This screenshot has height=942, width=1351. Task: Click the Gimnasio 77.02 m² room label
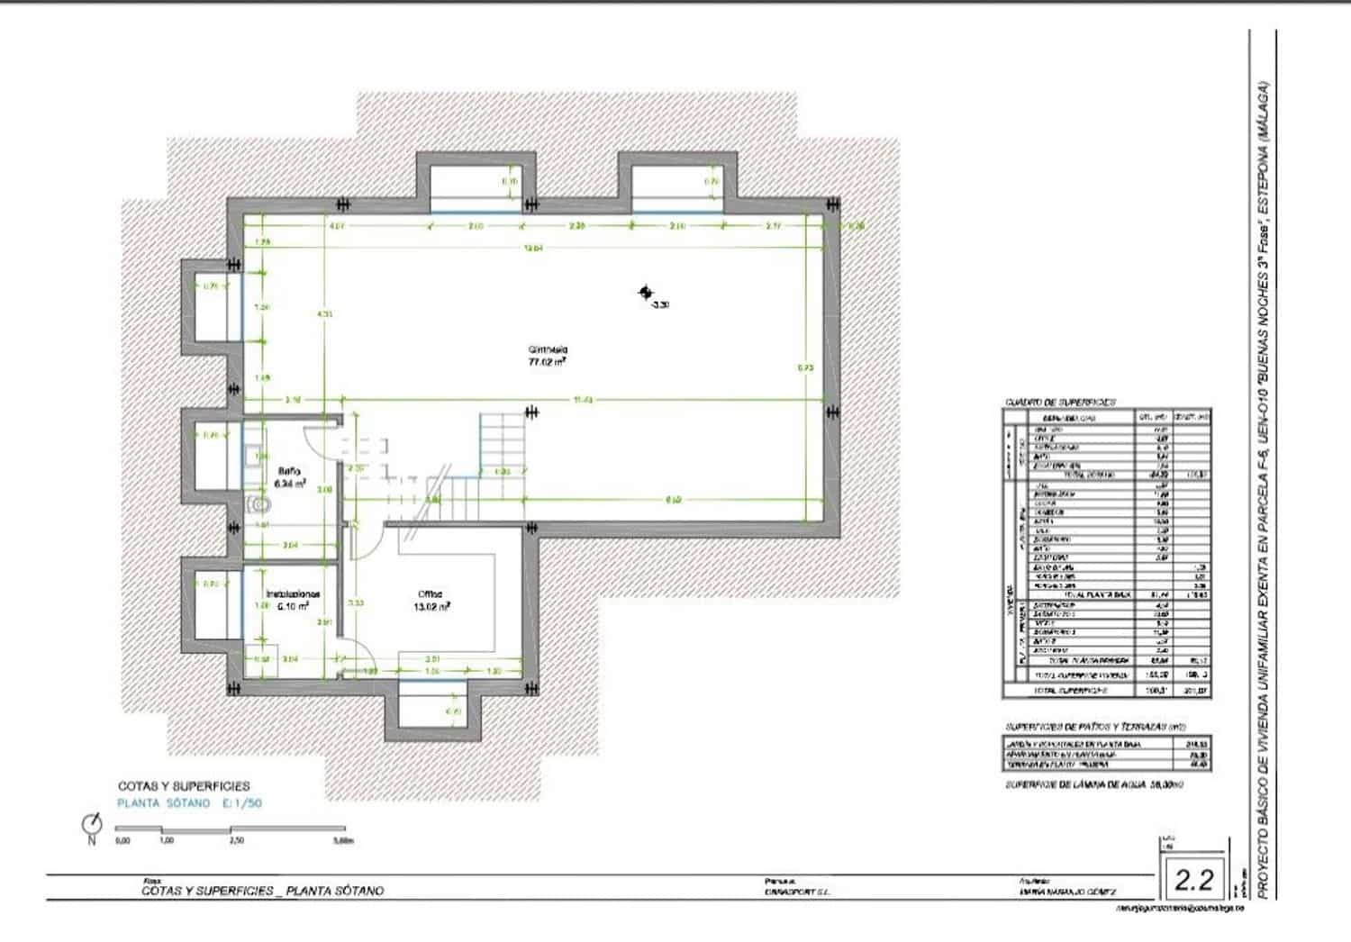point(547,356)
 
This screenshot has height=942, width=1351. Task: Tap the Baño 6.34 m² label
point(290,476)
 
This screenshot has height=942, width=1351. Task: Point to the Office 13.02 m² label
point(431,600)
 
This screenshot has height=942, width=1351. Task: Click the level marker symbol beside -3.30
point(645,292)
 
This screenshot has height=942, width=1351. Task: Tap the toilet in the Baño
point(256,502)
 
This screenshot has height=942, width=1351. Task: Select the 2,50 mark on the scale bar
point(236,840)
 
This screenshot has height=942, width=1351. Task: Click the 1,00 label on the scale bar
point(167,840)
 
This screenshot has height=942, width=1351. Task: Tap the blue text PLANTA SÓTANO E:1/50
point(189,802)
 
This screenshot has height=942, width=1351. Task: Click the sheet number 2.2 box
point(1194,879)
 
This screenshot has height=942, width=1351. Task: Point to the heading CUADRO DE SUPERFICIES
point(1060,402)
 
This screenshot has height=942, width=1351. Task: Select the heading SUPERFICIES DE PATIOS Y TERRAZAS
point(1094,726)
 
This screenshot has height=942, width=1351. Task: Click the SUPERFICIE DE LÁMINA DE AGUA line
point(1106,785)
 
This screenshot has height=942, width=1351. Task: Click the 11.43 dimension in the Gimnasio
point(583,401)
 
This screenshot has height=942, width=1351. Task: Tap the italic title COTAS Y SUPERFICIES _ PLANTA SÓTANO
point(262,891)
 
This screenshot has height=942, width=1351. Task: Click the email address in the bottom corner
point(1180,910)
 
